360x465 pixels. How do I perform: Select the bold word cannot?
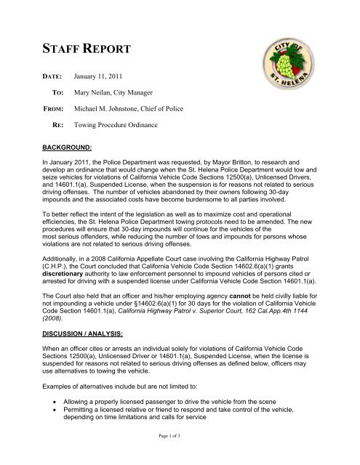click(x=257, y=303)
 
